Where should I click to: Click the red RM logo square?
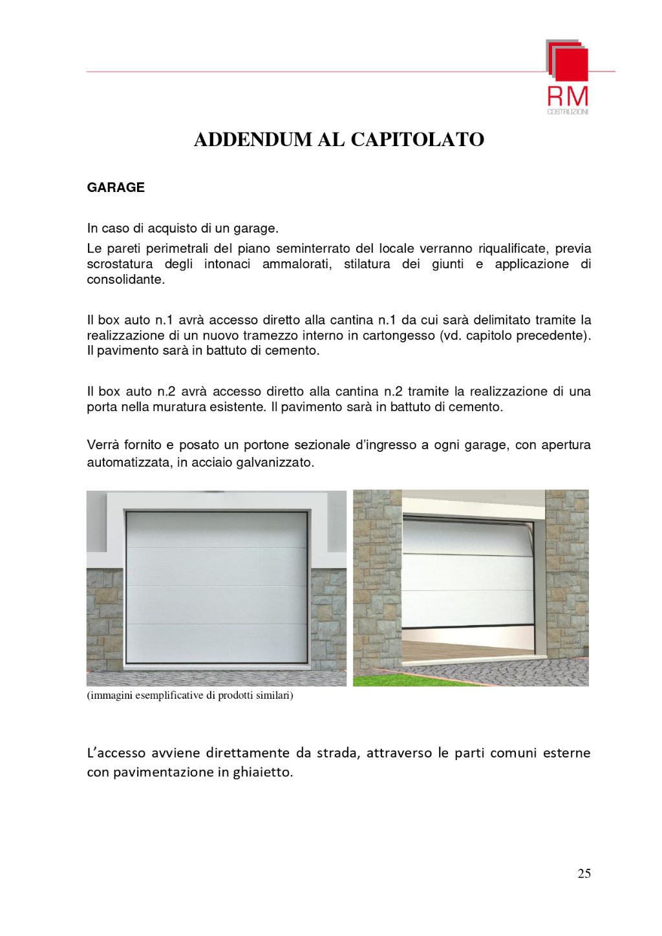click(570, 63)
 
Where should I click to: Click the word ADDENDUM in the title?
click(253, 140)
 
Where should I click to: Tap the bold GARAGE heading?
click(116, 187)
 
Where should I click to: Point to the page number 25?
click(584, 874)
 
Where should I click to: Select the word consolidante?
click(125, 279)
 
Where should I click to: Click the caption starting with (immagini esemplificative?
click(190, 696)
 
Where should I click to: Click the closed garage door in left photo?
click(216, 587)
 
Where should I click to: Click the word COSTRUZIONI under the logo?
click(568, 112)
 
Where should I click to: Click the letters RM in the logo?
click(568, 97)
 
